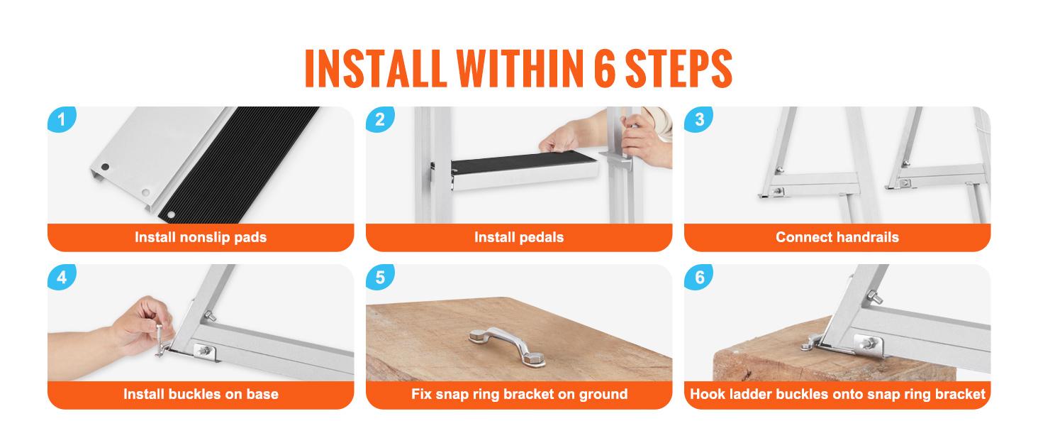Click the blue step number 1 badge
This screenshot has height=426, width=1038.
[x=61, y=119]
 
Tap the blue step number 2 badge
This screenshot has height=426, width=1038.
[x=379, y=119]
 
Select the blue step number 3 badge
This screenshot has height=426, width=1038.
[x=698, y=119]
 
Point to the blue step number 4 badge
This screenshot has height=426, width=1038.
[x=61, y=277]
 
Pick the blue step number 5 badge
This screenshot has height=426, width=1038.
[x=379, y=277]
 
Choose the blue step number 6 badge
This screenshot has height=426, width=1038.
[x=698, y=277]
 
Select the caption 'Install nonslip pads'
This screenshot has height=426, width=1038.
[x=201, y=237]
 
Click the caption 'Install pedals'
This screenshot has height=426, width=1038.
[x=519, y=237]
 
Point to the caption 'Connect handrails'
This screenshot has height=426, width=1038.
[x=837, y=237]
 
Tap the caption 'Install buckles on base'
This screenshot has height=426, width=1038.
[x=201, y=394]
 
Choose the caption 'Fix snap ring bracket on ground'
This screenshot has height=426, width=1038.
[x=519, y=394]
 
